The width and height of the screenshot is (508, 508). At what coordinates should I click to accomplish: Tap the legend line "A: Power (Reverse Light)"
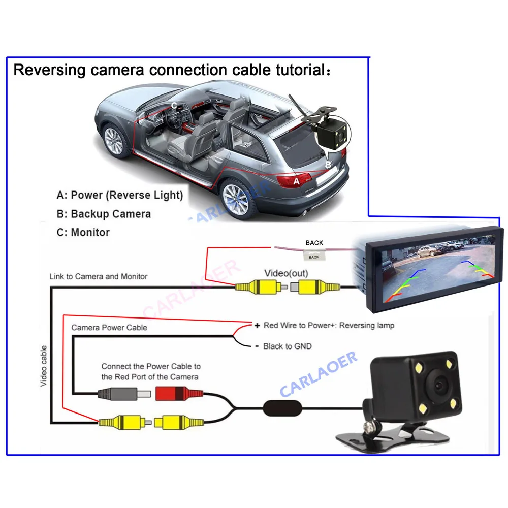(120, 195)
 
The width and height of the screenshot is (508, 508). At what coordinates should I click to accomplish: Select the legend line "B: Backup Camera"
(104, 214)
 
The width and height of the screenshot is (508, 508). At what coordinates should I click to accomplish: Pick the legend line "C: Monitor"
(83, 233)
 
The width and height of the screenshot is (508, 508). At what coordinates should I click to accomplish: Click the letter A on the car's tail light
(297, 181)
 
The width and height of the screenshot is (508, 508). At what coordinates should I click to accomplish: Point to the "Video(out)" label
(285, 273)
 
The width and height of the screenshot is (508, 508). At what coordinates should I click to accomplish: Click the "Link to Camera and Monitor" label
(99, 277)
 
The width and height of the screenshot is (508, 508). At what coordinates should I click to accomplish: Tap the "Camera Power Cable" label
(109, 328)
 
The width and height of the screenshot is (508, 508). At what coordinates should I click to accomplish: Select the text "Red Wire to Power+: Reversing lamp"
(328, 325)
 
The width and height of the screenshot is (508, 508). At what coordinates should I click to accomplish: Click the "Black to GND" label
(287, 346)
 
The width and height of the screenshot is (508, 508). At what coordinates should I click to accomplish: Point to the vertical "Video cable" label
(44, 366)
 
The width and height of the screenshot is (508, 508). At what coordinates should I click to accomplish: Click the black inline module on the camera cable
(282, 407)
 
